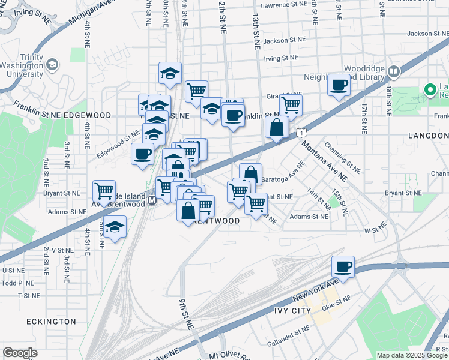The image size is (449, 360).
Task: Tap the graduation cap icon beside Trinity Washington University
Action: click(52, 64)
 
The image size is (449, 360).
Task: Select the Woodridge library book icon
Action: click(394, 72)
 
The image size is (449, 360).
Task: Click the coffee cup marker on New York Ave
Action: click(343, 266)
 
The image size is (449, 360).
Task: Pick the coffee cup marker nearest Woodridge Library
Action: click(339, 84)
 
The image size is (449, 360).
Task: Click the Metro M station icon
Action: click(152, 200)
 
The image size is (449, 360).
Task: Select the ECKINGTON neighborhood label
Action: click(51, 322)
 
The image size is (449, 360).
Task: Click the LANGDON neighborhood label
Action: click(428, 136)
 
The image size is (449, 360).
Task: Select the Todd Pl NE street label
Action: click(17, 283)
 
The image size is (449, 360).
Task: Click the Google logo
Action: click(20, 353)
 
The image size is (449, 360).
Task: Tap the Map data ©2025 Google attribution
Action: click(411, 355)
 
